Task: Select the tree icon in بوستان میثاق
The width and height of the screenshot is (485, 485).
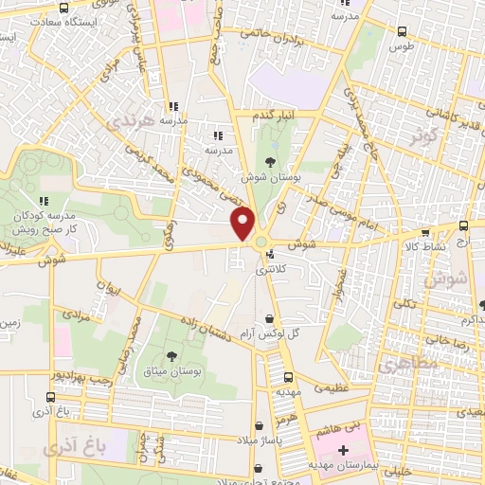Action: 171,356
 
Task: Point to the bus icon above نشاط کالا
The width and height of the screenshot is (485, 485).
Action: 424,231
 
